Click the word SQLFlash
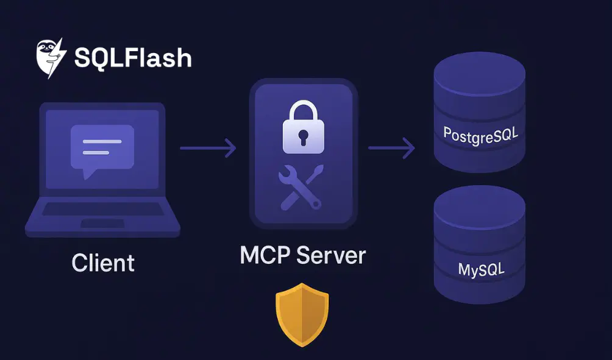pyautogui.click(x=133, y=58)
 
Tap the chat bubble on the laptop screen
pyautogui.click(x=102, y=148)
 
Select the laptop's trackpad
pyautogui.click(x=102, y=224)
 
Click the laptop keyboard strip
pyautogui.click(x=102, y=209)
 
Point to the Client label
pyautogui.click(x=103, y=263)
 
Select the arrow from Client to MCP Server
pyautogui.click(x=208, y=147)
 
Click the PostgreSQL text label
pyautogui.click(x=479, y=134)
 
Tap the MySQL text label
pyautogui.click(x=480, y=269)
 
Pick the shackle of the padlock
pyautogui.click(x=303, y=111)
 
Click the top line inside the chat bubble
pyautogui.click(x=102, y=141)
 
